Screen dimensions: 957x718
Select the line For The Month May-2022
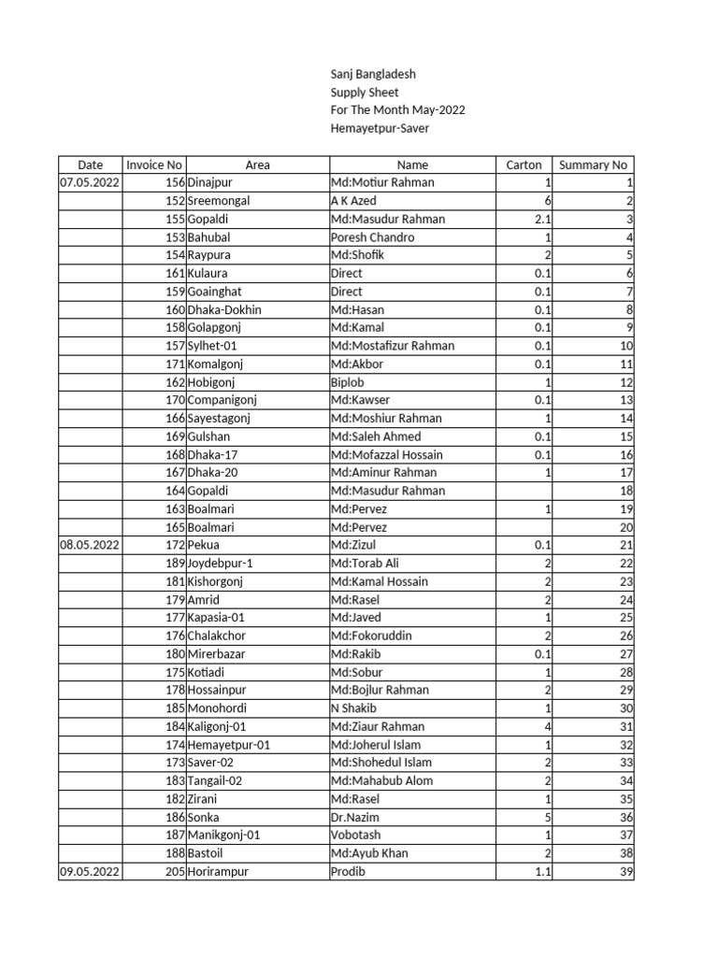[x=397, y=110]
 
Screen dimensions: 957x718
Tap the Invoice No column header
[x=154, y=164]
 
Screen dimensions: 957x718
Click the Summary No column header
[x=593, y=164]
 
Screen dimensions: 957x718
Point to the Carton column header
[x=524, y=164]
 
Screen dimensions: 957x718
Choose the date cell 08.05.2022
[x=90, y=545]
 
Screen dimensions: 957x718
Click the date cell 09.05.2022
[x=90, y=871]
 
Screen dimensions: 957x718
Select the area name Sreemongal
[x=219, y=201]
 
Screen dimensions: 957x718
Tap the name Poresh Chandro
[x=372, y=237]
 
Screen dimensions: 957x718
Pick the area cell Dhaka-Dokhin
[x=224, y=309]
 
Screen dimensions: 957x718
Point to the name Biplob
[x=349, y=382]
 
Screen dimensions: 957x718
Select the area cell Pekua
[x=204, y=545]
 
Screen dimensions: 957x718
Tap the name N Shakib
[x=356, y=708]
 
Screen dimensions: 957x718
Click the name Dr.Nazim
[x=355, y=817]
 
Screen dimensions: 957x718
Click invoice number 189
[x=175, y=563]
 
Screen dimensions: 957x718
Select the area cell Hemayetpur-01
[x=229, y=745]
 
